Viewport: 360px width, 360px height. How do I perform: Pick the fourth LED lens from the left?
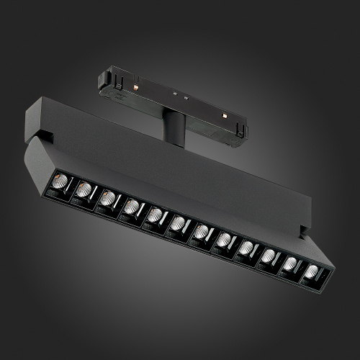click(131, 207)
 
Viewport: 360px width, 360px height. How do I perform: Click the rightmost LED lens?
click(311, 272)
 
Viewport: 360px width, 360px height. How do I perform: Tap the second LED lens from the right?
click(289, 264)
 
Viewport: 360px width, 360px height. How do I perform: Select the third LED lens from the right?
click(268, 256)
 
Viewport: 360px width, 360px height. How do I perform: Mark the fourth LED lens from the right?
click(246, 248)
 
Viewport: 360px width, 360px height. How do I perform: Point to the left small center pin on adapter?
click(174, 93)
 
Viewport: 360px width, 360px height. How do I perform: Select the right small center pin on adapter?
click(186, 97)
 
